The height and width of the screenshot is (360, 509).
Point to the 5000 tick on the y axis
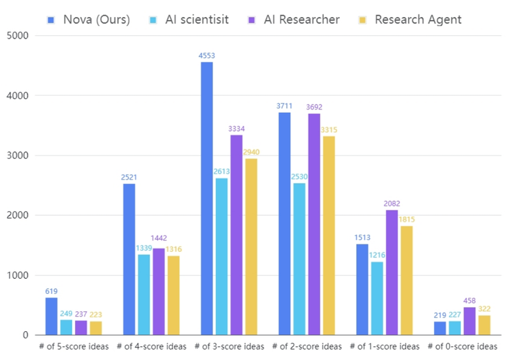(x=16, y=35)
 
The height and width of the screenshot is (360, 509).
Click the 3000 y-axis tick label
(x=16, y=156)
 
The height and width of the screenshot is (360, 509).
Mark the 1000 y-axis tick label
(x=16, y=275)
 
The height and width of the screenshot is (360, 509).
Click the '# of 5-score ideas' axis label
(x=74, y=346)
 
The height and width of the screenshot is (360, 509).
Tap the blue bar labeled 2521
(x=129, y=259)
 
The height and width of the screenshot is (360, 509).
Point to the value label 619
(x=52, y=292)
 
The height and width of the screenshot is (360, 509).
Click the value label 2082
(x=391, y=204)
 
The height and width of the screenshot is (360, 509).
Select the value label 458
(x=470, y=301)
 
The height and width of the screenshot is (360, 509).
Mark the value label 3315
(x=329, y=130)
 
